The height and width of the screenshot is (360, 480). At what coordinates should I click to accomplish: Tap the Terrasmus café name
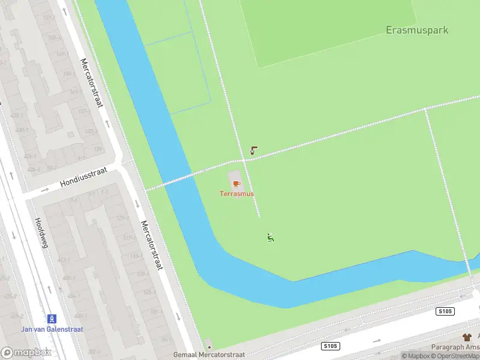click(236, 194)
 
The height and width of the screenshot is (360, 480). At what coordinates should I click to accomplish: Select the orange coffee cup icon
click(236, 182)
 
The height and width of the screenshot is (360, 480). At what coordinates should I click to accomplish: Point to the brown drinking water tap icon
click(254, 151)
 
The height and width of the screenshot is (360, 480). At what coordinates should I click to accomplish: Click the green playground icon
click(271, 238)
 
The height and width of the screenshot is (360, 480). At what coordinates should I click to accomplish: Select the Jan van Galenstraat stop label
click(52, 329)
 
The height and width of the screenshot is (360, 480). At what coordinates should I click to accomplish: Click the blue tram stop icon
click(52, 318)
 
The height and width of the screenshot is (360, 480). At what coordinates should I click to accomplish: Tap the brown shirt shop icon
click(467, 338)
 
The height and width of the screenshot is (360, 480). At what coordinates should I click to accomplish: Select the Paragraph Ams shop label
click(455, 347)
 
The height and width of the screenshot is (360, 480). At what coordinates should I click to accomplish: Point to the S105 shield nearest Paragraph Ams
click(445, 311)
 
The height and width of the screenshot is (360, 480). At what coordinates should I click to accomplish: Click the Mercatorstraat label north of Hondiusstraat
click(92, 82)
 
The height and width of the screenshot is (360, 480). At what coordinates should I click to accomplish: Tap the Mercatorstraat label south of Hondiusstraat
click(151, 244)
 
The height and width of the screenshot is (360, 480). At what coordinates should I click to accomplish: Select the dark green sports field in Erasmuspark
click(336, 30)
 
